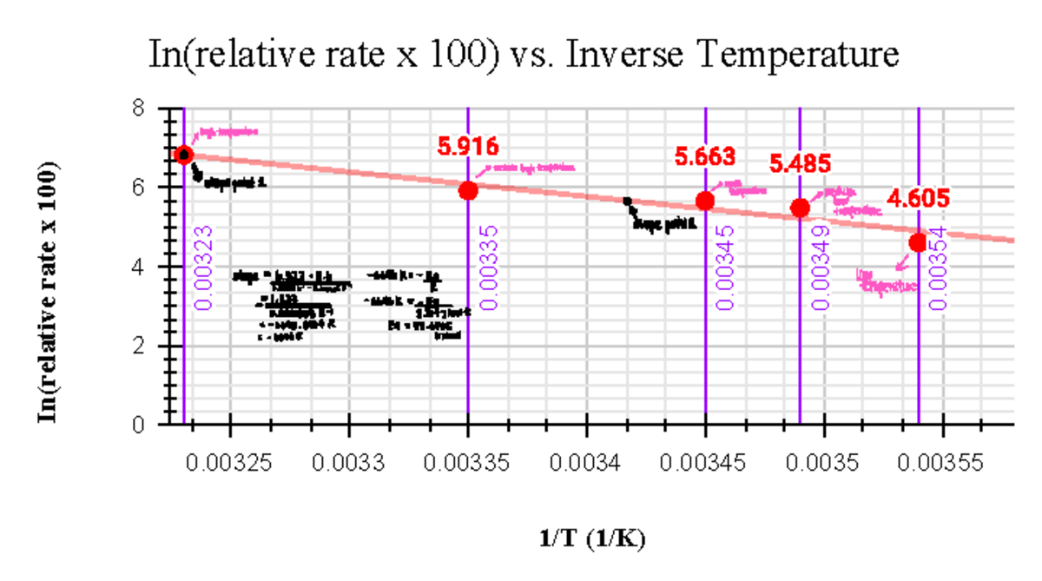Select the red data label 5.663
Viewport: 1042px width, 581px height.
pyautogui.click(x=705, y=157)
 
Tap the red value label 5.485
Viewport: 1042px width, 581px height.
pyautogui.click(x=801, y=162)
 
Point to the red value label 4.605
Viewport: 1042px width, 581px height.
pyautogui.click(x=917, y=200)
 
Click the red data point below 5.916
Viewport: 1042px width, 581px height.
pyautogui.click(x=468, y=190)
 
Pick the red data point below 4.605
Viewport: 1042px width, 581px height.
pyautogui.click(x=918, y=242)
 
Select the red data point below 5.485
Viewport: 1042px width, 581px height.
pyautogui.click(x=801, y=208)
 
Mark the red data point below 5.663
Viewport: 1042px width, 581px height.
pyautogui.click(x=705, y=201)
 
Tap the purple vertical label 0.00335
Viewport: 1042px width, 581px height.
pyautogui.click(x=489, y=267)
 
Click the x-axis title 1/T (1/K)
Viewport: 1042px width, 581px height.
pyautogui.click(x=592, y=539)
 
